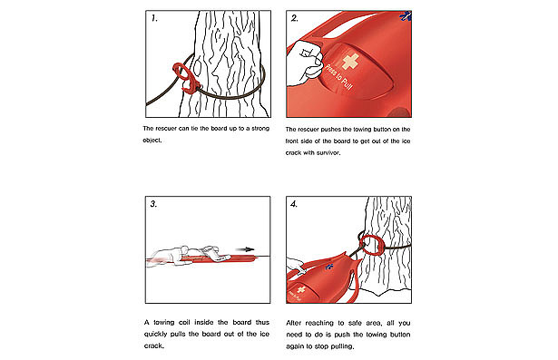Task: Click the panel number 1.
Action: [x=154, y=18]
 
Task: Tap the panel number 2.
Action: [x=295, y=18]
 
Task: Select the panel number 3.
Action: [x=153, y=204]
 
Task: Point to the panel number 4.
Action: [x=294, y=204]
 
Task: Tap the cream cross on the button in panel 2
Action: [x=350, y=62]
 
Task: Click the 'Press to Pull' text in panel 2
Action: [x=338, y=79]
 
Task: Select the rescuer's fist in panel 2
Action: [x=305, y=63]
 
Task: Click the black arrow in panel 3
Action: [x=245, y=249]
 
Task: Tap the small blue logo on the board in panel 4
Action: [x=329, y=267]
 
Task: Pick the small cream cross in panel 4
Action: [x=301, y=289]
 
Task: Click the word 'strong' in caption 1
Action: [x=260, y=129]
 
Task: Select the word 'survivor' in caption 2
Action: [x=328, y=153]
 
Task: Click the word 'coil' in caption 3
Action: [x=184, y=322]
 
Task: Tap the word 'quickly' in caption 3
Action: [x=155, y=335]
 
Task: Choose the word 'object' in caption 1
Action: [x=152, y=141]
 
